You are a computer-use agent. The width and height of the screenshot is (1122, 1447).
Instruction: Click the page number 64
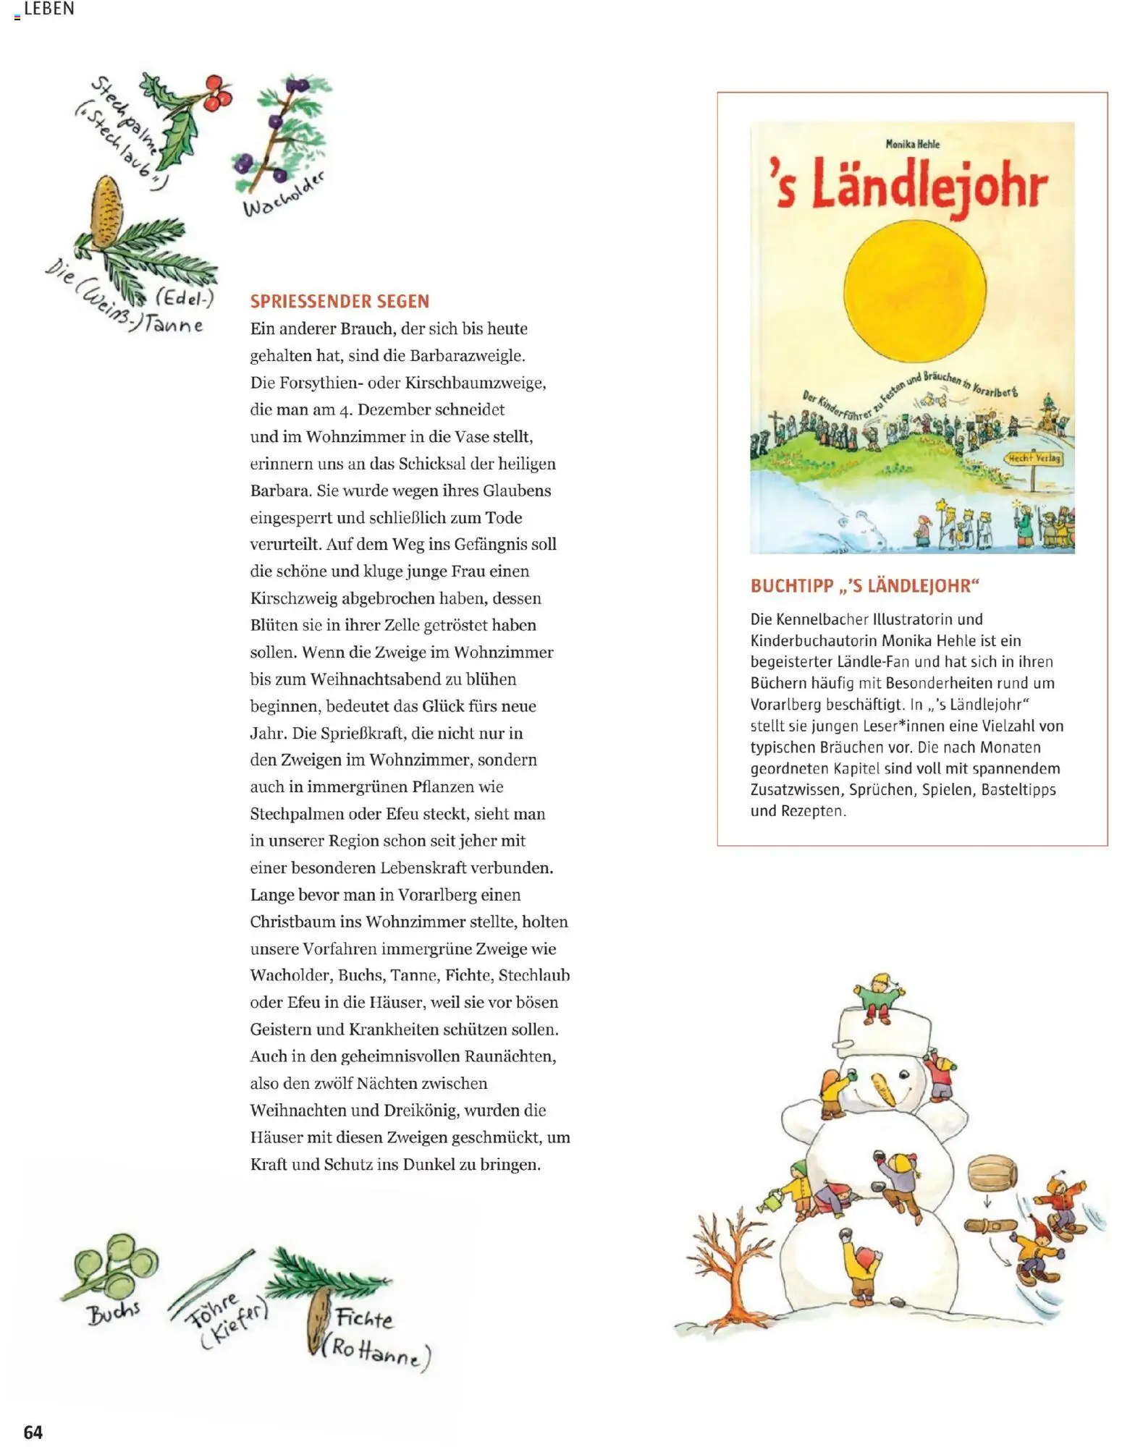pyautogui.click(x=33, y=1432)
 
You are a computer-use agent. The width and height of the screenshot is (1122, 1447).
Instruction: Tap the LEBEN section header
pyautogui.click(x=48, y=9)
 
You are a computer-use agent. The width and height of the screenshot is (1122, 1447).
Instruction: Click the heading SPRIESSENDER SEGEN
pyautogui.click(x=339, y=301)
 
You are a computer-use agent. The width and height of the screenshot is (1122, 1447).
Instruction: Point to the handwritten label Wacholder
pyautogui.click(x=283, y=196)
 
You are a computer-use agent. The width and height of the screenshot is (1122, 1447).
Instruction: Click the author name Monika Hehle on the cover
pyautogui.click(x=912, y=144)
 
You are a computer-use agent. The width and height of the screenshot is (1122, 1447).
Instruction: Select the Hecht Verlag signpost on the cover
pyautogui.click(x=1034, y=458)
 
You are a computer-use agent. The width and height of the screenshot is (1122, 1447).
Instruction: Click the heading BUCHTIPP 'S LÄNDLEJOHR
pyautogui.click(x=864, y=585)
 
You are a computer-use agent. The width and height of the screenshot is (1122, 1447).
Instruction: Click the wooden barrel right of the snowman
pyautogui.click(x=992, y=1176)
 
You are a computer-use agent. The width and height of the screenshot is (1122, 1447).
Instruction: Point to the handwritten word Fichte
pyautogui.click(x=364, y=1318)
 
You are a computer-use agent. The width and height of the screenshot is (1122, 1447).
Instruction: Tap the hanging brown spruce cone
pyautogui.click(x=318, y=1325)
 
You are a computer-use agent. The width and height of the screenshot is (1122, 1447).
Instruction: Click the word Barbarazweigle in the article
pyautogui.click(x=467, y=355)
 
